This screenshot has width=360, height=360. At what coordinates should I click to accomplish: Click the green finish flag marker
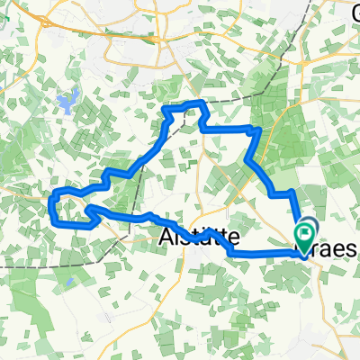coord(306,236)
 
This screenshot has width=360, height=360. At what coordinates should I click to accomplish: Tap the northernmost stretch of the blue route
coord(184,105)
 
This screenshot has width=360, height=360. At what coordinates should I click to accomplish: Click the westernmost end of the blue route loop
coord(49,205)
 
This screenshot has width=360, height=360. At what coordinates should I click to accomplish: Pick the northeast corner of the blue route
coord(260,131)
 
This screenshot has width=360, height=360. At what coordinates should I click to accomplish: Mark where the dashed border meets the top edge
coord(320,2)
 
